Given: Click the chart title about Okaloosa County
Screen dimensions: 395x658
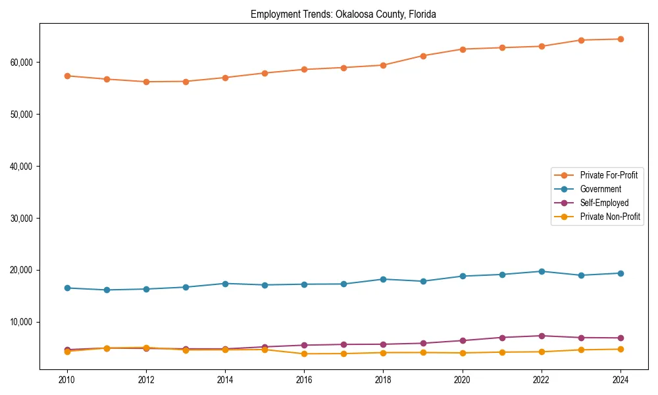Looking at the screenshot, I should click(343, 14).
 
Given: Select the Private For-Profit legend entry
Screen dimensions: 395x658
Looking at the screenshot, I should click(609, 175).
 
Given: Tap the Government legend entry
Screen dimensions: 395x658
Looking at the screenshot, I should click(600, 189).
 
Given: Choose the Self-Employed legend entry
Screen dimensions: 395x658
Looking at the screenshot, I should click(604, 203).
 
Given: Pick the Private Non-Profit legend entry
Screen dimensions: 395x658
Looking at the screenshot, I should click(610, 217).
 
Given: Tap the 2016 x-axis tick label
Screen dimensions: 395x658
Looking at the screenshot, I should click(304, 380).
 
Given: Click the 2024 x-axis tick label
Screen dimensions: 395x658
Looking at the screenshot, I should click(620, 380).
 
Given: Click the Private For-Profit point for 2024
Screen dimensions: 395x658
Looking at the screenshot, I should click(620, 39).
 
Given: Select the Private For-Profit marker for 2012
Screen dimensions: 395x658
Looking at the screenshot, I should click(146, 82).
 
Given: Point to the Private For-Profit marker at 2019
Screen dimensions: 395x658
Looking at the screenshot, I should click(422, 56).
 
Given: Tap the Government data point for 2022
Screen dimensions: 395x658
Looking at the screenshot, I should click(541, 271).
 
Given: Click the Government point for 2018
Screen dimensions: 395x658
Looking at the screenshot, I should click(383, 279).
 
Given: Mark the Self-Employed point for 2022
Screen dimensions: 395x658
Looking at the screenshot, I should click(541, 336).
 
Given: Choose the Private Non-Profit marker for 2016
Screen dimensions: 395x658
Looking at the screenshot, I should click(304, 354).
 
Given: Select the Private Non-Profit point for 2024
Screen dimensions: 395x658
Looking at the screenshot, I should click(620, 349).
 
